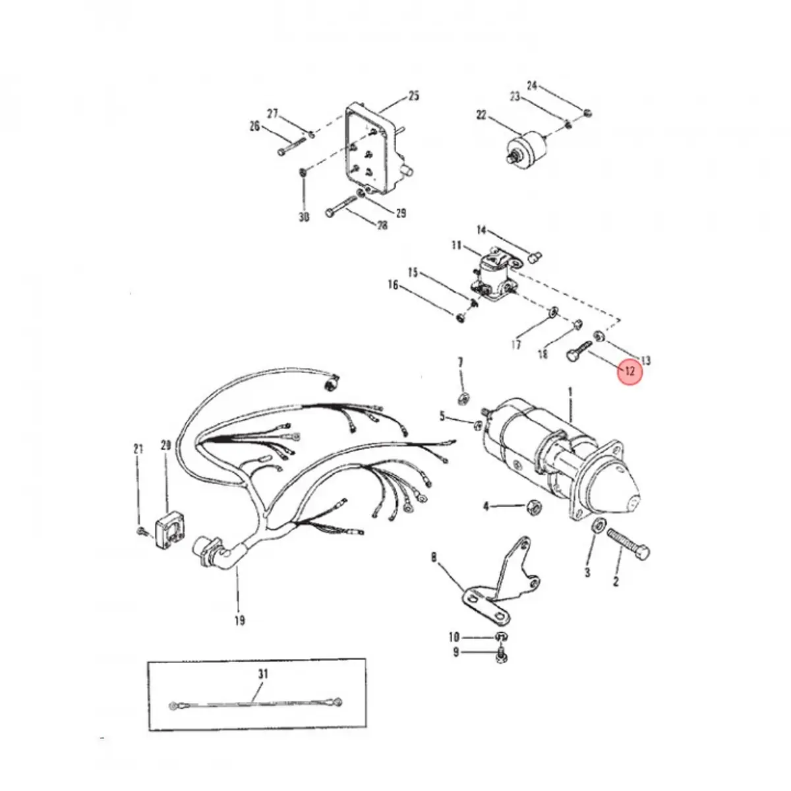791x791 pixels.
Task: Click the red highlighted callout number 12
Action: point(629,371)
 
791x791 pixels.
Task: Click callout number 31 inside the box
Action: point(262,674)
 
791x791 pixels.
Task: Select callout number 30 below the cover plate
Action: point(303,217)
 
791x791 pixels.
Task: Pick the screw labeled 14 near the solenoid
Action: point(535,255)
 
